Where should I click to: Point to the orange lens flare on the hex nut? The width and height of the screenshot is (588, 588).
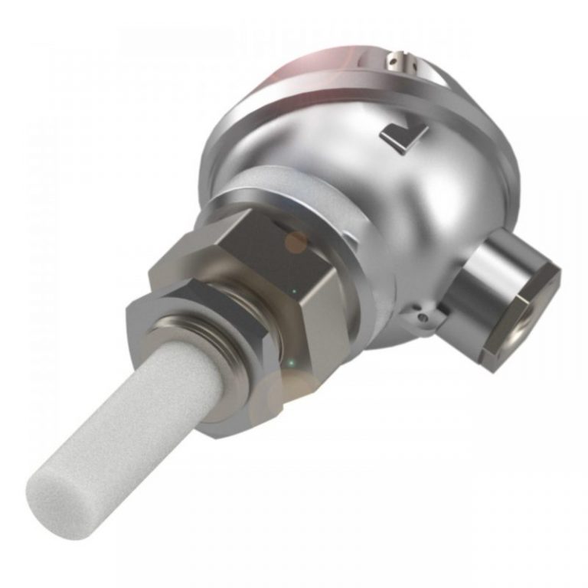click(296, 243)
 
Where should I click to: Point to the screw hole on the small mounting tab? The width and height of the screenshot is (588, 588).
click(420, 313)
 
